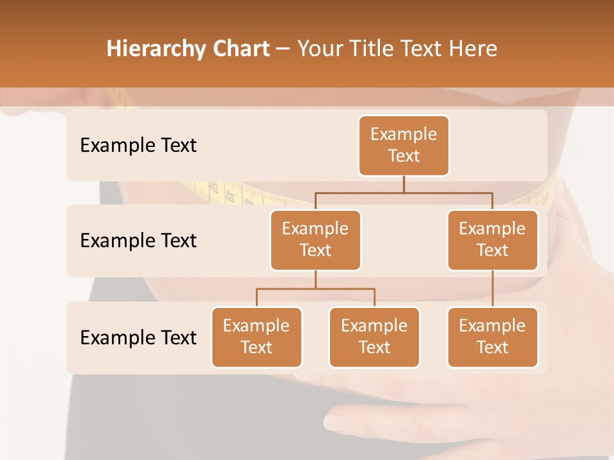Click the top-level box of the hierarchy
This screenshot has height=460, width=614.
pyautogui.click(x=404, y=145)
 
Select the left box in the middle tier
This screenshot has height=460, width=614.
pyautogui.click(x=315, y=240)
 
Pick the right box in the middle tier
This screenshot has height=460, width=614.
pyautogui.click(x=492, y=240)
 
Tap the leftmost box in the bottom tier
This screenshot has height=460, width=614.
pyautogui.click(x=256, y=337)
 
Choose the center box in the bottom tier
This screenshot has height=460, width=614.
pyautogui.click(x=374, y=337)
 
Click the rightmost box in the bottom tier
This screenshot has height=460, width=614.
pyautogui.click(x=492, y=337)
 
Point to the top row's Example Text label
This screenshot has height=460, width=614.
pyautogui.click(x=138, y=145)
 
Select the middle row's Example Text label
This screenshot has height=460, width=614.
pyautogui.click(x=138, y=240)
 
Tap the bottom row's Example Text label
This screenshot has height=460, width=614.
pyautogui.click(x=138, y=337)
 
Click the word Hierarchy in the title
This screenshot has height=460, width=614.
pyautogui.click(x=155, y=49)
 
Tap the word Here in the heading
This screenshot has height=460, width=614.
pyautogui.click(x=474, y=49)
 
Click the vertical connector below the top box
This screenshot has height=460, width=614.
pyautogui.click(x=404, y=184)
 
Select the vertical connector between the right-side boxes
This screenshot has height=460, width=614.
pyautogui.click(x=492, y=289)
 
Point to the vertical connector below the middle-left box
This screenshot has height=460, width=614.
pyautogui.click(x=315, y=279)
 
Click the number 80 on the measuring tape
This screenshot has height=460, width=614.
pyautogui.click(x=213, y=189)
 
